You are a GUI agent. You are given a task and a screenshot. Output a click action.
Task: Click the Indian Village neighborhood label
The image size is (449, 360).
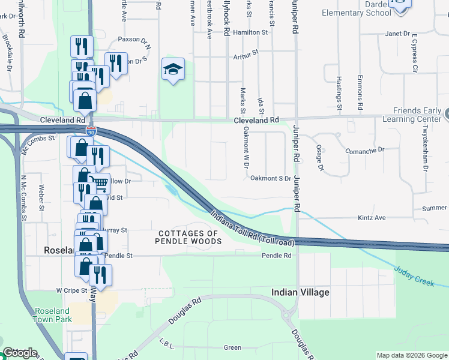[x=300, y=292]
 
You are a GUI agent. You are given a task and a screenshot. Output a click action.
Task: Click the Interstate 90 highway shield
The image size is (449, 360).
[x=91, y=130]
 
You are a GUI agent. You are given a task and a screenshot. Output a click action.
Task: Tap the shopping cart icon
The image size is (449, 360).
[x=101, y=182]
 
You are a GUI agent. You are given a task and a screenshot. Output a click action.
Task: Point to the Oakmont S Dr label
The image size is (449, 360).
[x=270, y=178]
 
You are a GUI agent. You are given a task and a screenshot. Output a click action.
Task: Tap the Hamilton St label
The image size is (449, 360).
[x=250, y=32]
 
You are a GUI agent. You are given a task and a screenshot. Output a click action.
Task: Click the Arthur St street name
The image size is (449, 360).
[x=246, y=53]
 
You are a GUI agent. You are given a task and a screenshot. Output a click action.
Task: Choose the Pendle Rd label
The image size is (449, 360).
[x=276, y=256]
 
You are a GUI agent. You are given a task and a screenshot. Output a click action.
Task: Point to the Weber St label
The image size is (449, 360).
[x=42, y=197]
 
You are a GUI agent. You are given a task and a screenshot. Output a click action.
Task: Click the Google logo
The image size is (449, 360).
[x=20, y=353]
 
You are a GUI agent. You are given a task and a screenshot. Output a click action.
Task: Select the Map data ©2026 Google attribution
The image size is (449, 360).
[x=412, y=355]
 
